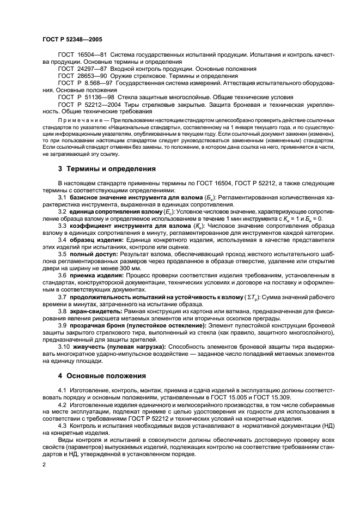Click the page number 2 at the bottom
click(44, 464)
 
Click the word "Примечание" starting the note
click(80, 119)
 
